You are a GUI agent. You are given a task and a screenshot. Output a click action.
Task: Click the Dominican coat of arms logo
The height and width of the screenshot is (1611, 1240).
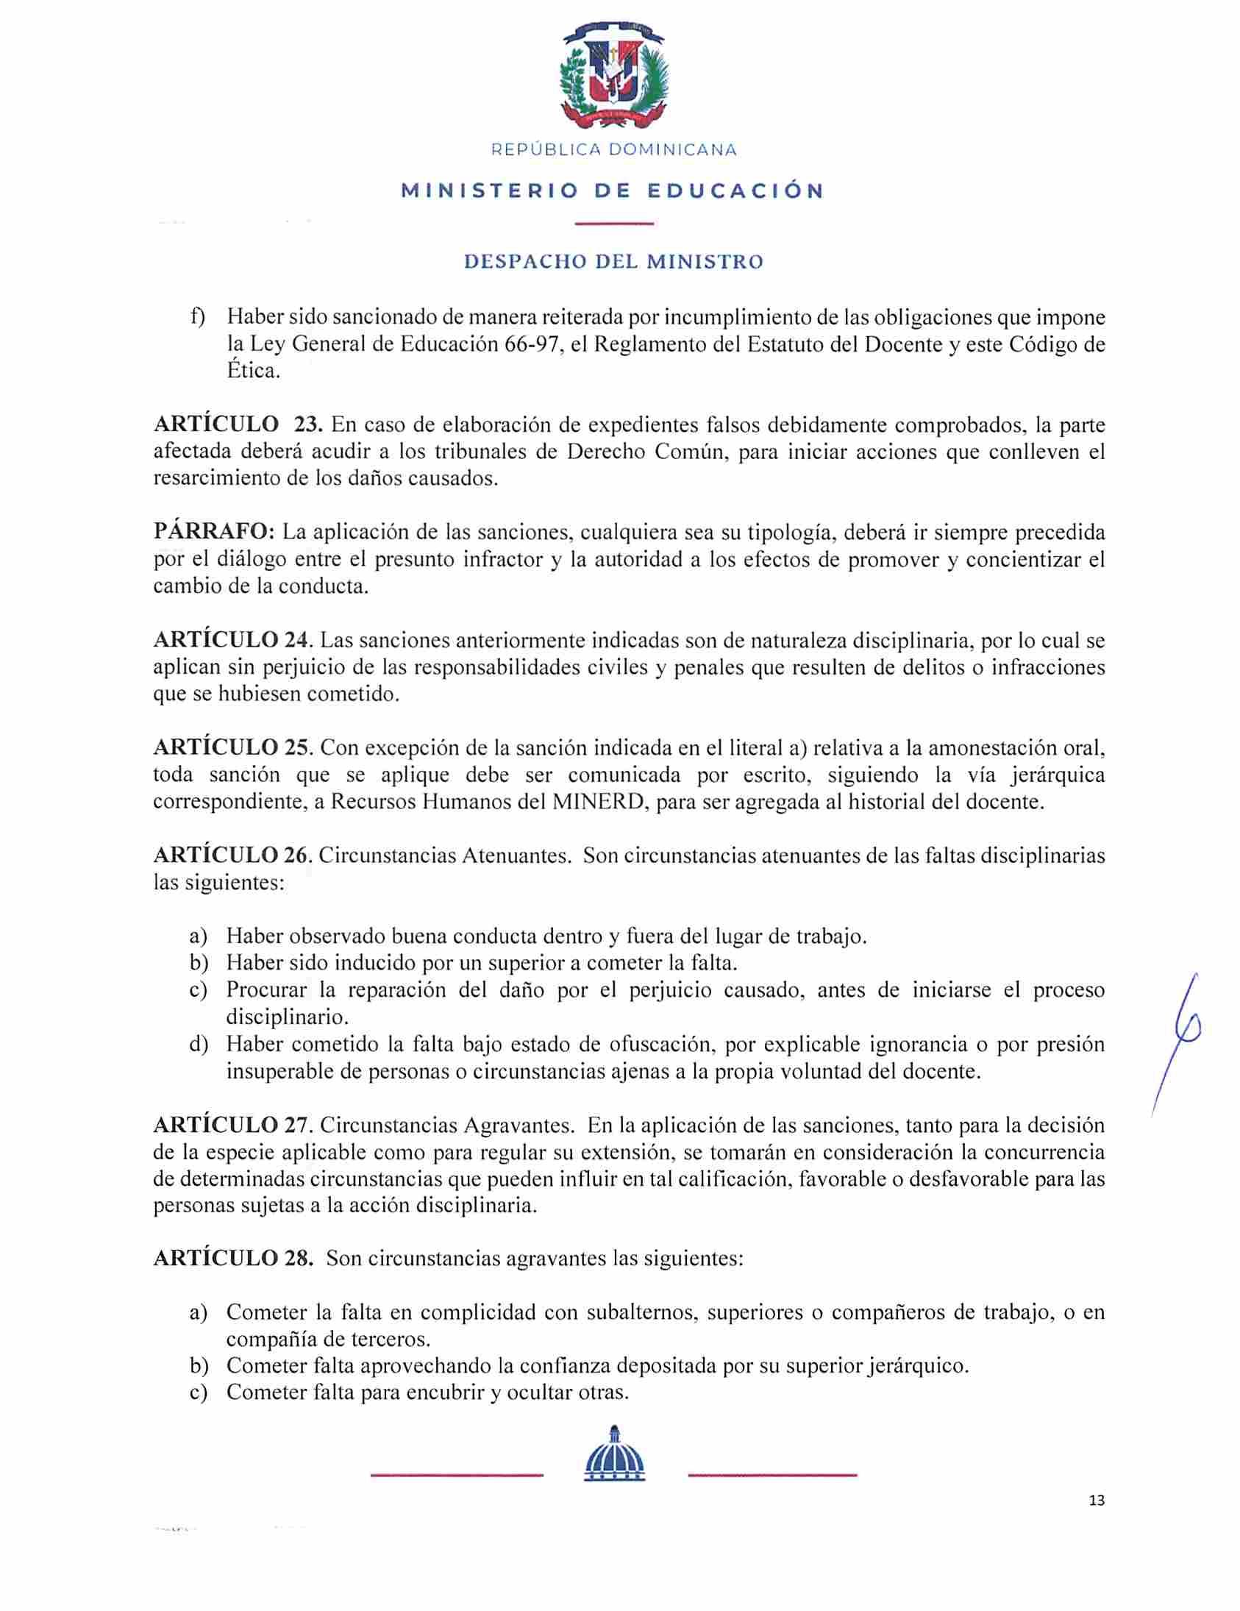click(613, 77)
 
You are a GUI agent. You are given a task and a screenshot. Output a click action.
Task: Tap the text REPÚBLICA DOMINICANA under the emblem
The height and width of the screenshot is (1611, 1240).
click(613, 150)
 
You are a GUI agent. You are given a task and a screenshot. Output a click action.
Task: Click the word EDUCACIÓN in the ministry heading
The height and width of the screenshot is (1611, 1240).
click(735, 191)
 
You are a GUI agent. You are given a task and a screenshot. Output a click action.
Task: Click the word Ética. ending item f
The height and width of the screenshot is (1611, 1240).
click(253, 370)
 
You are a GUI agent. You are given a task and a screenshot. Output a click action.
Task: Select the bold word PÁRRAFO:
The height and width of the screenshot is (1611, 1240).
click(214, 532)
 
